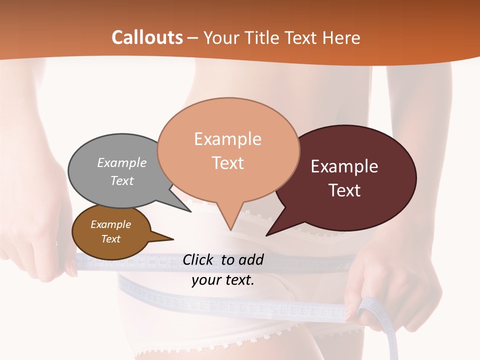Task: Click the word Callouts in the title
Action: click(x=147, y=37)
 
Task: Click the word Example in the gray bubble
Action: click(x=122, y=162)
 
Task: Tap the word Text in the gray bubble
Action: click(x=122, y=180)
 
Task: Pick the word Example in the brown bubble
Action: click(x=110, y=224)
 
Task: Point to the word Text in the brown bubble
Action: click(x=110, y=239)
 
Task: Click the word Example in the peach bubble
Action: click(x=227, y=139)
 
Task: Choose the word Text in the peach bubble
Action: click(x=227, y=163)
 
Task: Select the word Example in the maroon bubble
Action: click(x=344, y=166)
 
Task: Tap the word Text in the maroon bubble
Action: click(x=344, y=190)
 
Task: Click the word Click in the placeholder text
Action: click(x=198, y=259)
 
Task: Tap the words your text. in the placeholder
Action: click(x=223, y=280)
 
